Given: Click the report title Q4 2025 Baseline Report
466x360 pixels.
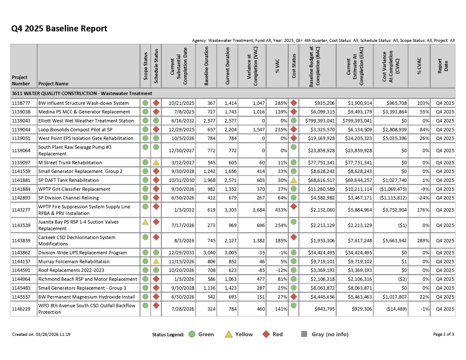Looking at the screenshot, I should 59,29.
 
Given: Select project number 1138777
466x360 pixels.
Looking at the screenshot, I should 21,103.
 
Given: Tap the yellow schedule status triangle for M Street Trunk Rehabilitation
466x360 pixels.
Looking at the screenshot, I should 156,163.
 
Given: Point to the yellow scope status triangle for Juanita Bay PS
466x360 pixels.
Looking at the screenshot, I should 145,222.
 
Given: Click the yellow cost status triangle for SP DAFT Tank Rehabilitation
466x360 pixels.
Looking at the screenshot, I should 294,180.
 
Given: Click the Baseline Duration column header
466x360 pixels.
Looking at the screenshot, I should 206,66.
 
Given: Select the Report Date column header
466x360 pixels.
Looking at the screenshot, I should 443,66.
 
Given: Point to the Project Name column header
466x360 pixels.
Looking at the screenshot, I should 53,84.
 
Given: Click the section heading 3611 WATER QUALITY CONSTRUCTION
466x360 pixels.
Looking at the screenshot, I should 82,94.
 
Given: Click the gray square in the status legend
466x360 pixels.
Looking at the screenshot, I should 304,334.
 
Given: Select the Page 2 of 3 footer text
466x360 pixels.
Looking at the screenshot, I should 444,334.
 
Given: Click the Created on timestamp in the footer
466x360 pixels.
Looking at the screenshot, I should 41,334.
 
